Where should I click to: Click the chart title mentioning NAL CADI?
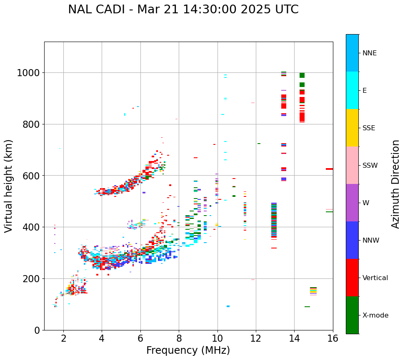coord(183,10)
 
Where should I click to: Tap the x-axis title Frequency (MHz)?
coord(188,350)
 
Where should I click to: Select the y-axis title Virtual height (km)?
coord(9,186)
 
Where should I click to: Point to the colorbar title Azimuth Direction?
coord(395,184)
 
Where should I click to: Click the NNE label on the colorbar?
coord(370,53)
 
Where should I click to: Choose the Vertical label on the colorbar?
coord(375,278)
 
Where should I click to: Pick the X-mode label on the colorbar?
coord(375,315)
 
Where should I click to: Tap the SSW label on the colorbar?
coord(370,166)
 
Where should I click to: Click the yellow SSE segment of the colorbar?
coord(352,128)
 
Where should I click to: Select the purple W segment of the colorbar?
coord(352,203)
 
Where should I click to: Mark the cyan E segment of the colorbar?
coord(352,90)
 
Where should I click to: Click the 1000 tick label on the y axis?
coord(28,73)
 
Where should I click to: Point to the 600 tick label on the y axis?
coord(32,176)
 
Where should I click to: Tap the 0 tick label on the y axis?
coord(37,330)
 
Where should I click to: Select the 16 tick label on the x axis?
coord(332,339)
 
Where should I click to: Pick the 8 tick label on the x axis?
coord(179,339)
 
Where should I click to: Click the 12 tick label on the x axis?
coord(256,339)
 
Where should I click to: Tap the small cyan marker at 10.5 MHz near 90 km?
coord(228,306)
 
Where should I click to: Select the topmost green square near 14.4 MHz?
coord(302,75)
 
